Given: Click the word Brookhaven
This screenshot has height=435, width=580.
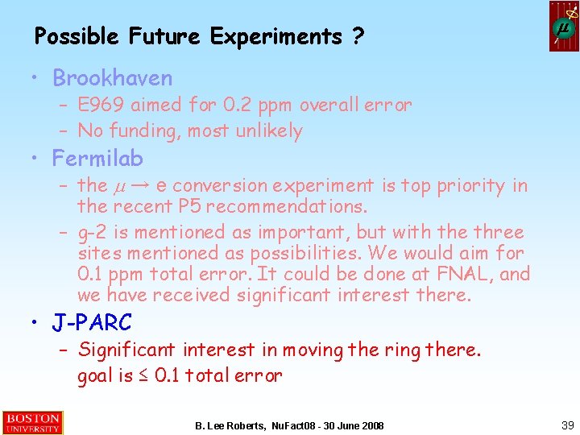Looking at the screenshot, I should point(112,78).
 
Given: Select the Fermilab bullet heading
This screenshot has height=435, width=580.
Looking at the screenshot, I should point(97,157).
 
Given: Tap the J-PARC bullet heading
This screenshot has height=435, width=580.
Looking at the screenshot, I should point(92,323).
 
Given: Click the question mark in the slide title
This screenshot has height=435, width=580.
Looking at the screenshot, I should point(357,36).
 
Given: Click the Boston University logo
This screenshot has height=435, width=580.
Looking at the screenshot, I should point(32,423).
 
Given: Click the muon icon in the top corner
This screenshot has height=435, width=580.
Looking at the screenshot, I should point(564,27).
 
